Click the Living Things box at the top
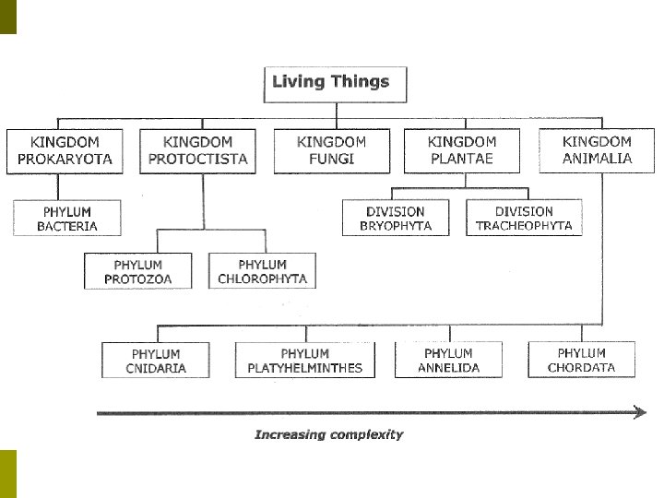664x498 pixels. click(330, 82)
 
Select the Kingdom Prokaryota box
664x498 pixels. click(65, 150)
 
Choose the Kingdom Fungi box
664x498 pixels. click(332, 150)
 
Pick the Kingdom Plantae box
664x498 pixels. click(461, 150)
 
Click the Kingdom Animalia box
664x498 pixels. click(598, 150)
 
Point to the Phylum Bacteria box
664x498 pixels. click(67, 219)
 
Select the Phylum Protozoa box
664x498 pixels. click(138, 271)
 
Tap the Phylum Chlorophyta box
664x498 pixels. click(262, 271)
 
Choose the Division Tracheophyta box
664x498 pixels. click(524, 219)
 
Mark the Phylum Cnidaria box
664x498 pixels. click(156, 361)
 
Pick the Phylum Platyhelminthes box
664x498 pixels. click(305, 361)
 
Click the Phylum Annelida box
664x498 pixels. click(448, 361)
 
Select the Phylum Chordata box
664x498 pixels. click(581, 360)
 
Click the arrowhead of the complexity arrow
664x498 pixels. click(639, 413)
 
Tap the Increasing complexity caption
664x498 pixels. click(328, 434)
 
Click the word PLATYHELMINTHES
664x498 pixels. click(305, 368)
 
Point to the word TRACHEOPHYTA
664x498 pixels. click(524, 226)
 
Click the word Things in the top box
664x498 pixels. click(358, 81)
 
